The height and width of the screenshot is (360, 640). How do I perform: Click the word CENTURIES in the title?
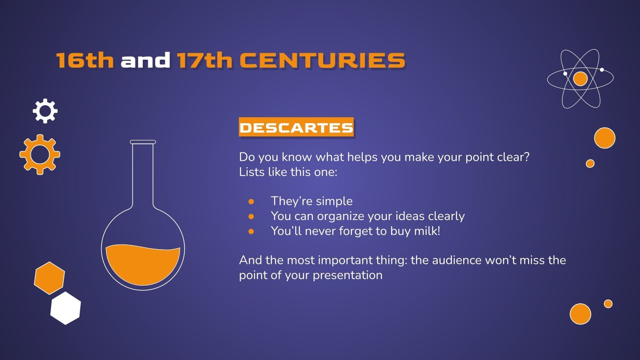point(322,60)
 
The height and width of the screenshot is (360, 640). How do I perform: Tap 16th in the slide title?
point(85,60)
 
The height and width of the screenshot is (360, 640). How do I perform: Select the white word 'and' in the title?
point(145,60)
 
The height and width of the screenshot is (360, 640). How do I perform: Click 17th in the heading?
point(204,60)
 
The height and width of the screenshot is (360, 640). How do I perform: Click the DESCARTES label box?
point(296,127)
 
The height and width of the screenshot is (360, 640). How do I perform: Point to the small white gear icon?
point(45,111)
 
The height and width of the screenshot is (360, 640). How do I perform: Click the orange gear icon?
point(40,154)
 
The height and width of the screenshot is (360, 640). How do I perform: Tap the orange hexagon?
point(49,278)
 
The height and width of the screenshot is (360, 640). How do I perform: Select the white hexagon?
point(66,308)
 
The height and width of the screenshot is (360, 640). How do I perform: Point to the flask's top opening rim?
point(143,142)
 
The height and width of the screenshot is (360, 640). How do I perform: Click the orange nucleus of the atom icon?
point(580,79)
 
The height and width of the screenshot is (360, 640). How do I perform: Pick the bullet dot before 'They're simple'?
point(251,201)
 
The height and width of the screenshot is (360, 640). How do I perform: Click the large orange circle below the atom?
point(604,138)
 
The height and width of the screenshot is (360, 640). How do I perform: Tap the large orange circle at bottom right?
point(580,314)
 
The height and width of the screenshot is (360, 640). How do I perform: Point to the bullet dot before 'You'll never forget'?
point(251,231)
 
